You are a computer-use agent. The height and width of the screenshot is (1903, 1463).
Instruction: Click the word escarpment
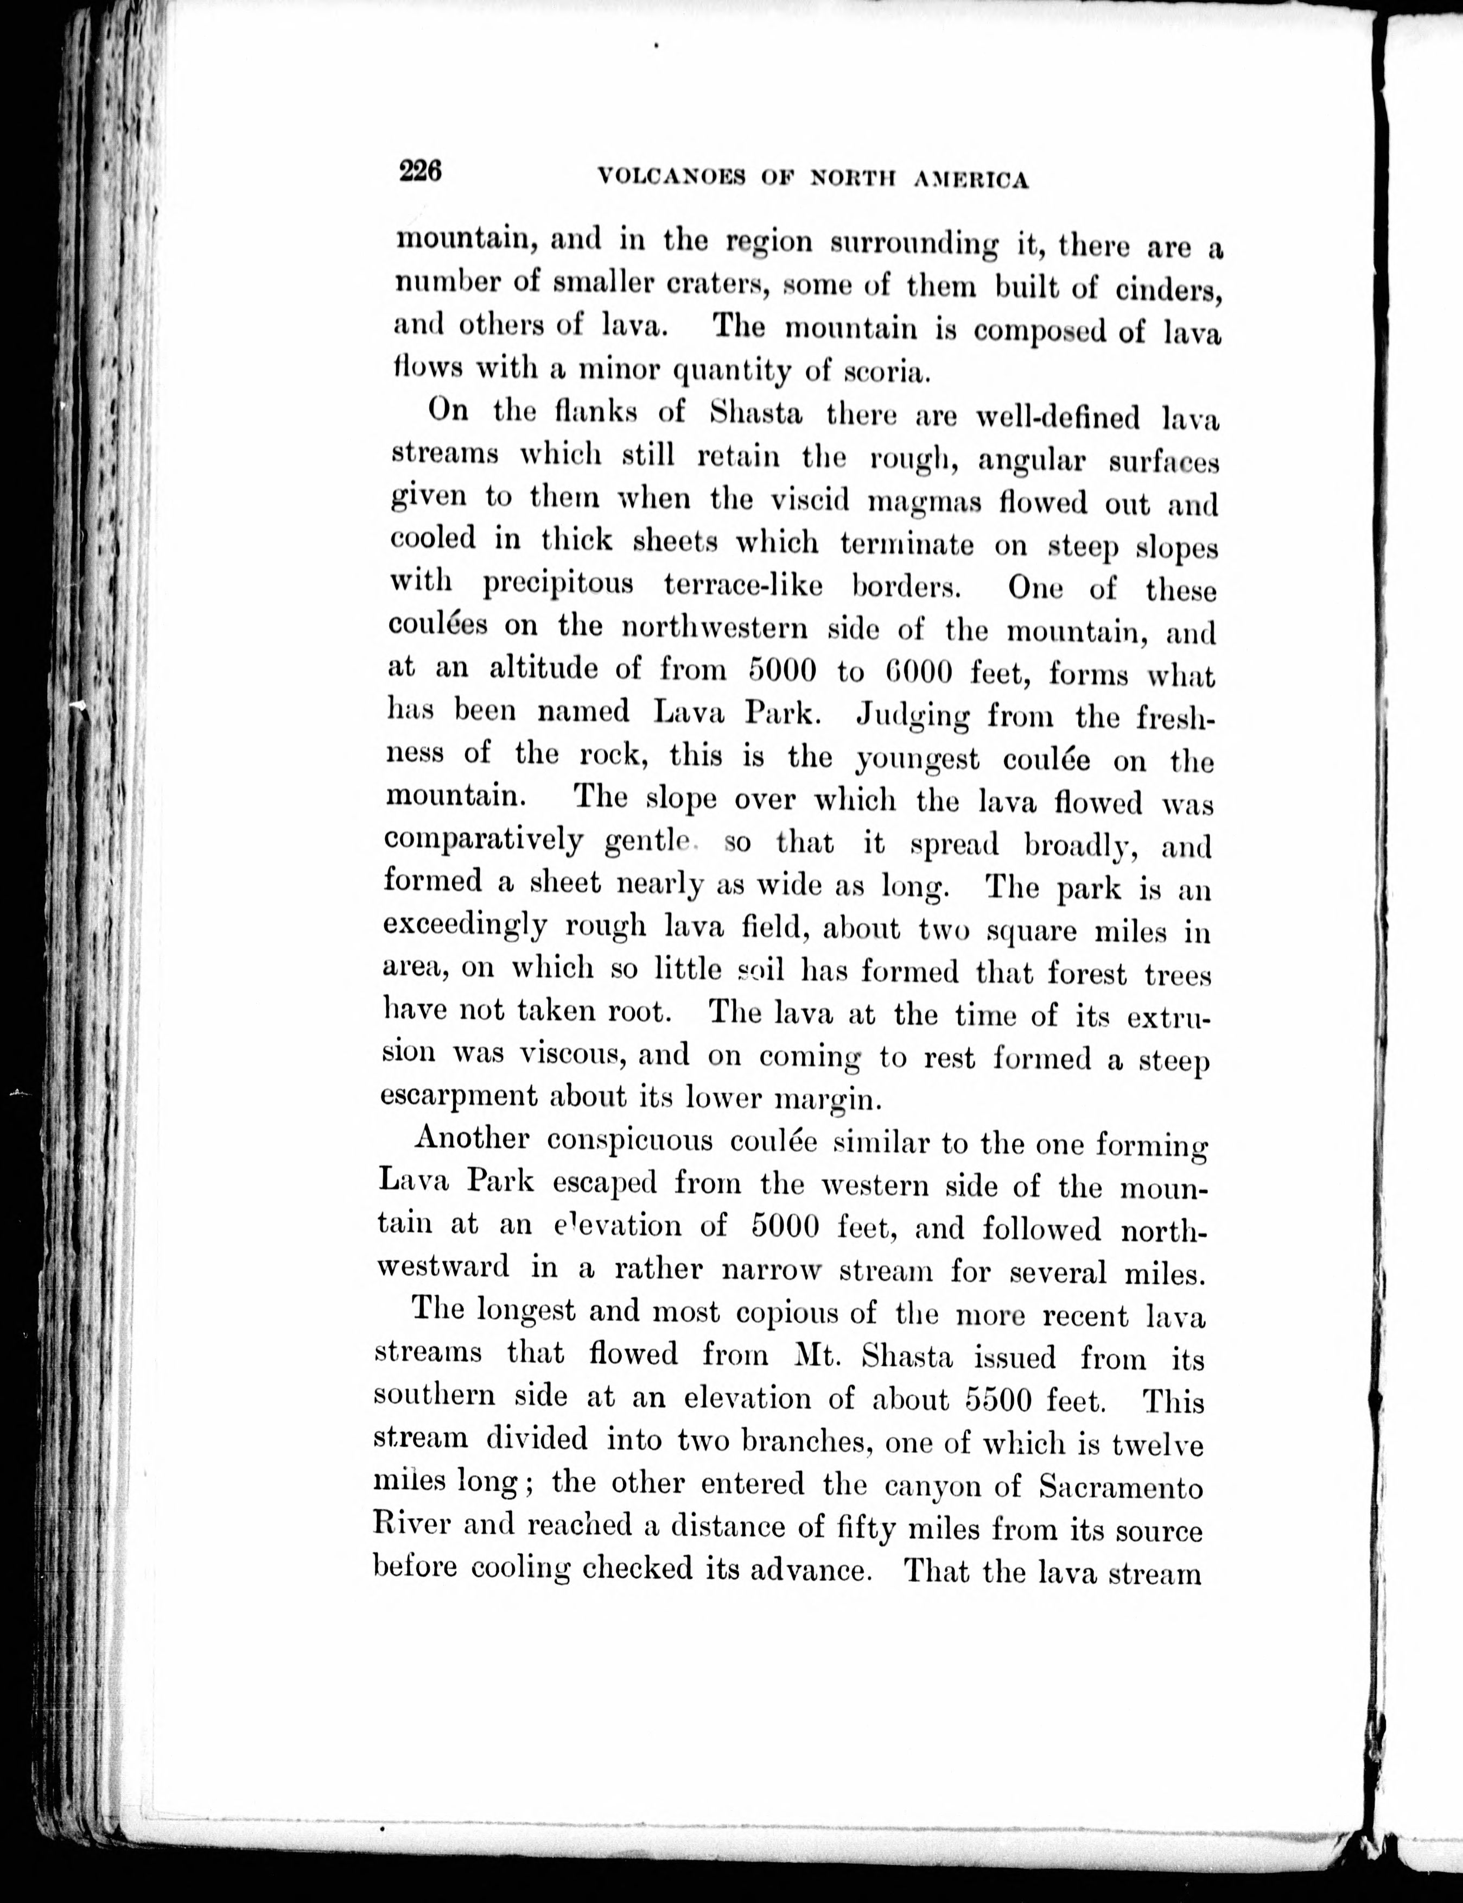tap(459, 1095)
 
